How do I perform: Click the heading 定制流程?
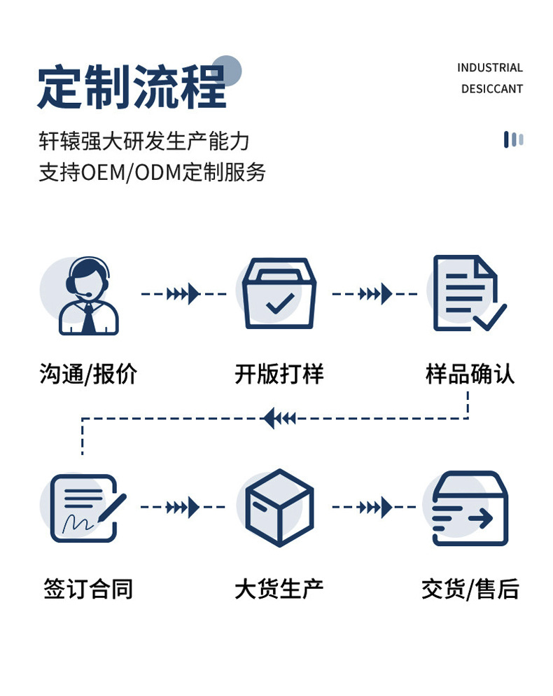(x=132, y=87)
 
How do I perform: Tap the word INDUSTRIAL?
(x=490, y=68)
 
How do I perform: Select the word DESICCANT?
(x=492, y=89)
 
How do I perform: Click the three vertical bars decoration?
(x=514, y=139)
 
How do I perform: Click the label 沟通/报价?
(x=88, y=374)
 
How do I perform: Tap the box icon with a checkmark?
(x=279, y=293)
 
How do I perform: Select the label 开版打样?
(x=279, y=374)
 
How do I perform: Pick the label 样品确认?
(x=470, y=374)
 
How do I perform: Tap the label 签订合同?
(x=88, y=589)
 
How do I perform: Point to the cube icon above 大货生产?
(x=279, y=508)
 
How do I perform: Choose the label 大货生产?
(x=279, y=589)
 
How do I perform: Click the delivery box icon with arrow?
(x=470, y=508)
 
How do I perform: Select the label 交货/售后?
(x=470, y=589)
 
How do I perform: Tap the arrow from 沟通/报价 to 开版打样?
(x=183, y=294)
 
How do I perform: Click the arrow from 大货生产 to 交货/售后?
(x=374, y=507)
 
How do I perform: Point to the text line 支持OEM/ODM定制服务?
(x=152, y=172)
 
